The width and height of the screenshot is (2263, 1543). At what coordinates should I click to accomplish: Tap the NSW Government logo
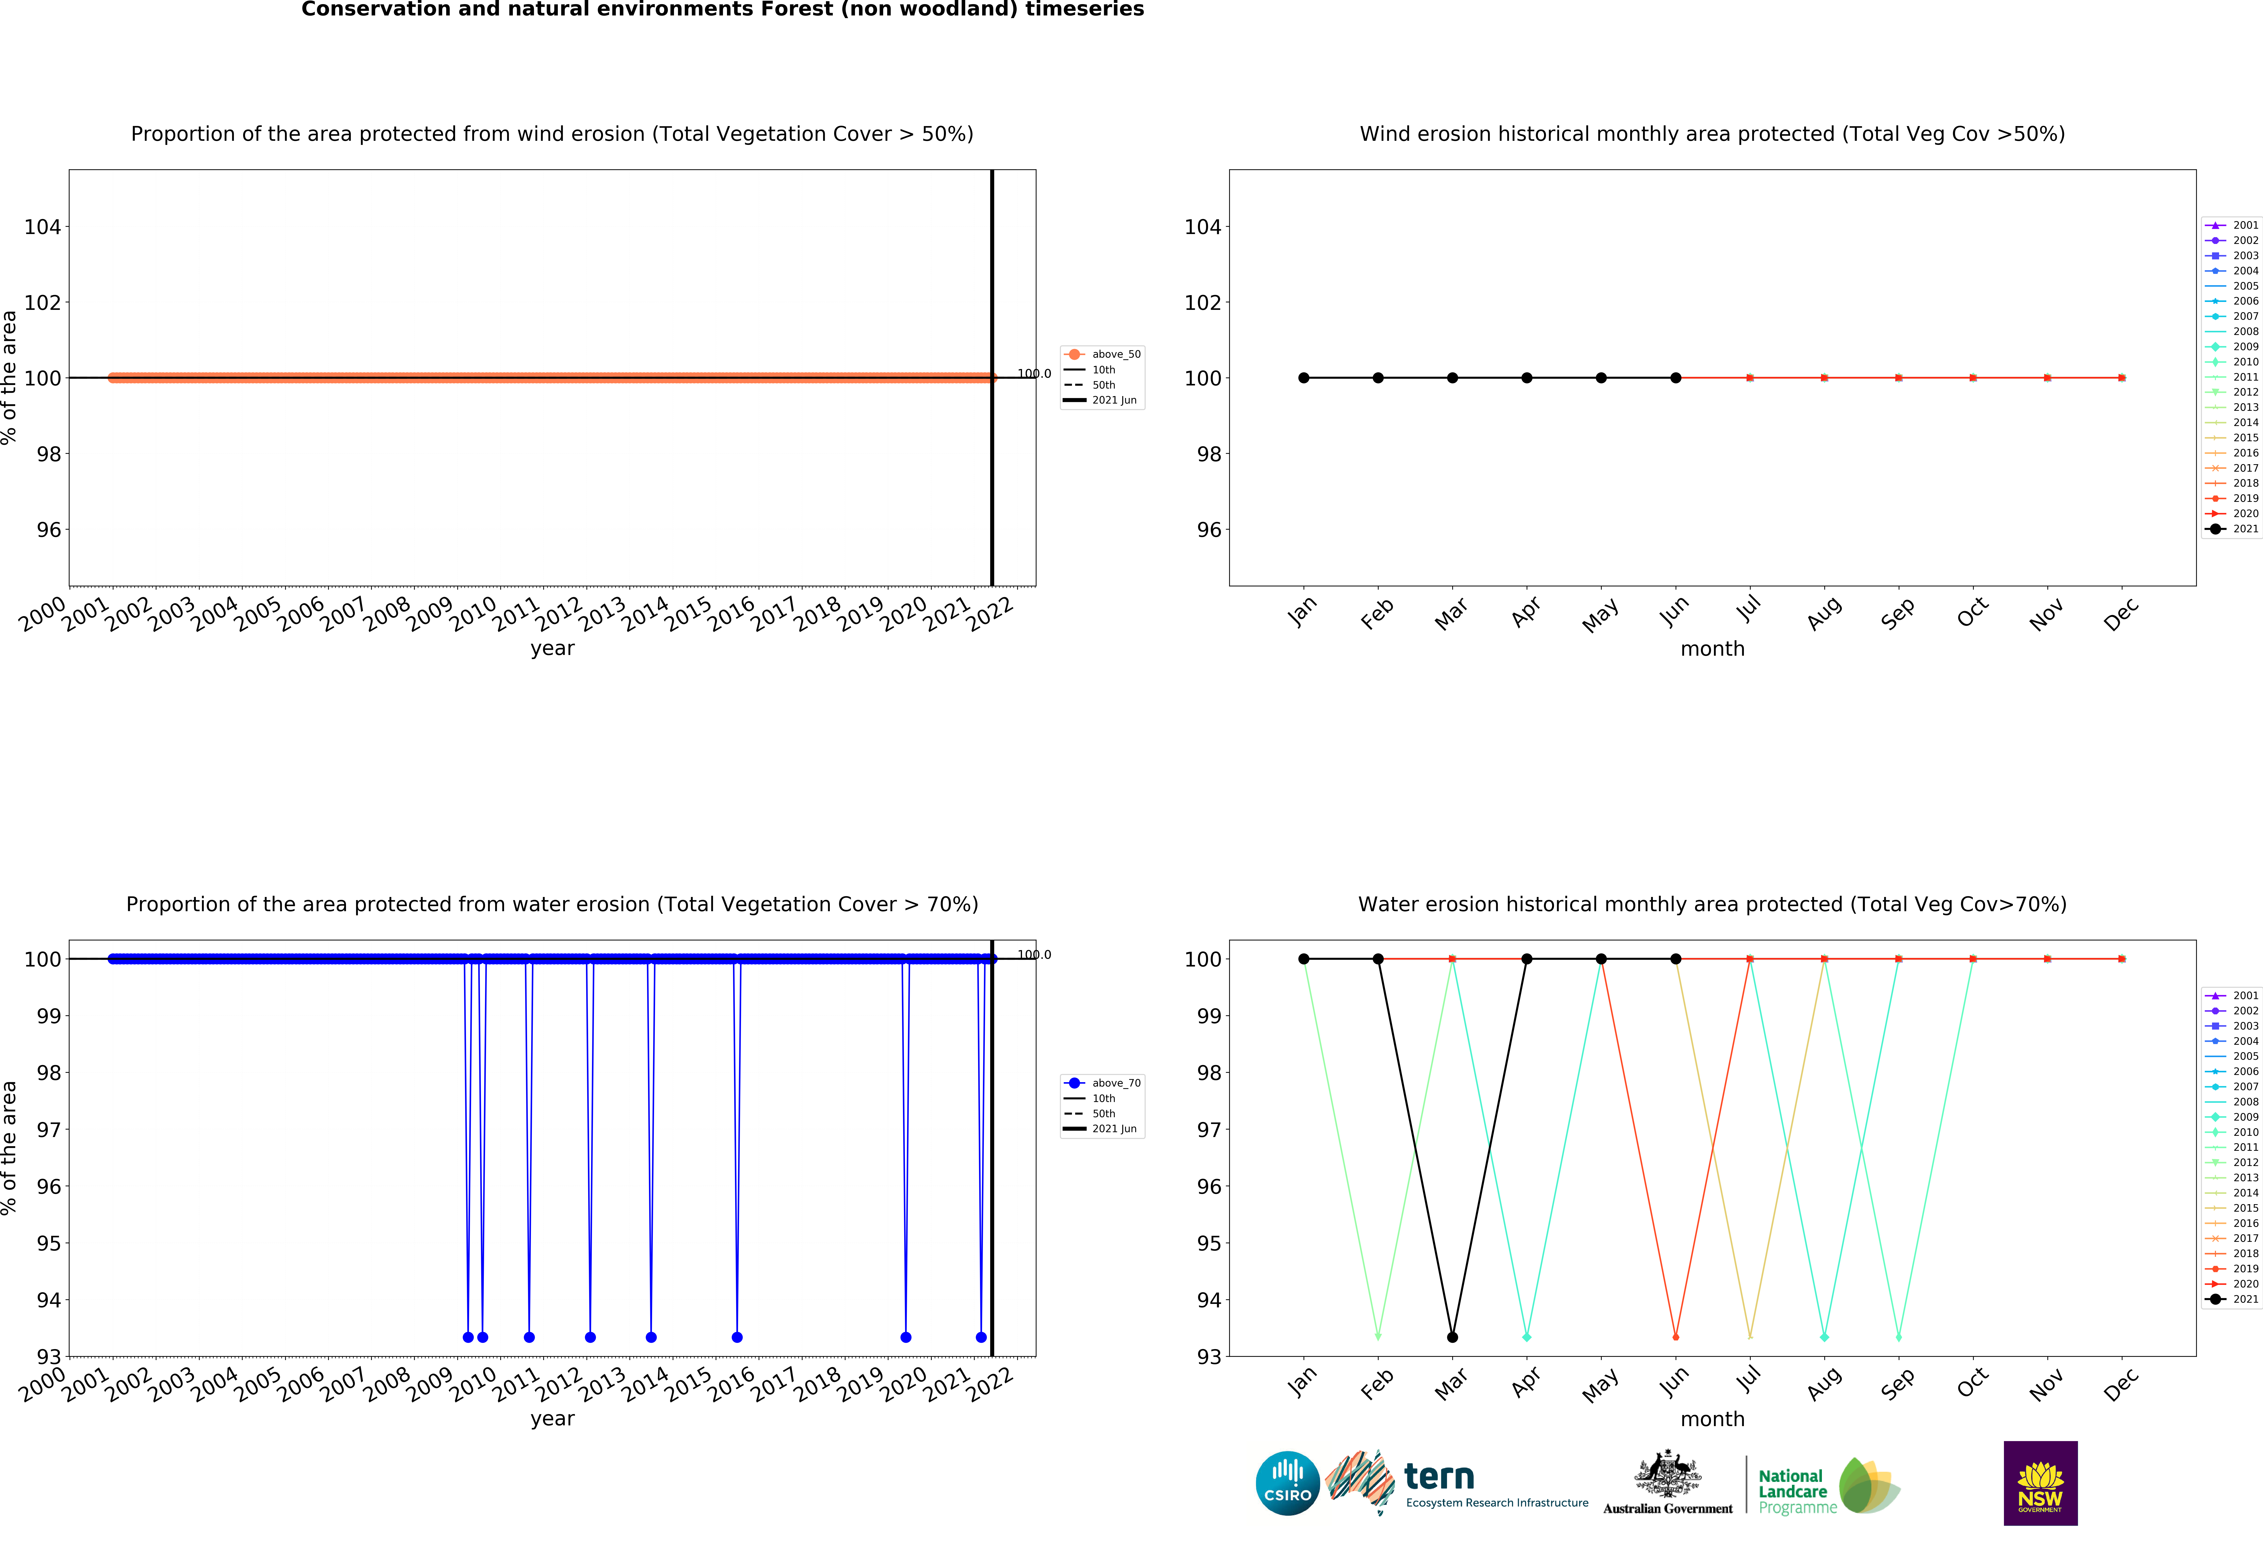2040,1483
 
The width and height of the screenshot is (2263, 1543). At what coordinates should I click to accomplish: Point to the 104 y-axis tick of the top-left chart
43,227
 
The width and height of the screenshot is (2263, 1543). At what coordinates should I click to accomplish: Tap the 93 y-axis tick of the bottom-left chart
49,1356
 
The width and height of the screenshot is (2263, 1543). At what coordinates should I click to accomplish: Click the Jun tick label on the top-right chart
1674,612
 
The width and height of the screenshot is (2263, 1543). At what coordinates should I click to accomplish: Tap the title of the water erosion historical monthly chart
1712,904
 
